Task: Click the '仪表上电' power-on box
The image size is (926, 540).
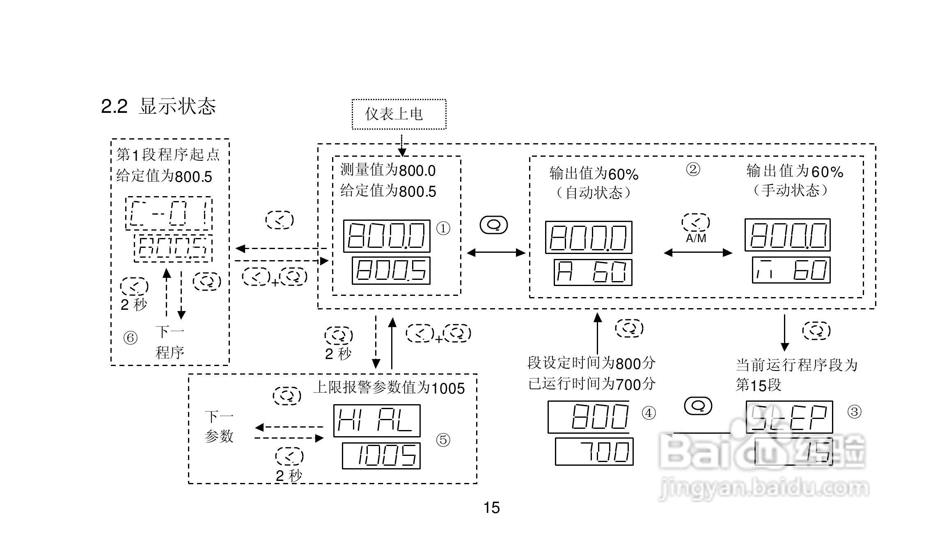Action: pyautogui.click(x=399, y=114)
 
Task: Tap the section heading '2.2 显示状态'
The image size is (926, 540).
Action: pyautogui.click(x=158, y=106)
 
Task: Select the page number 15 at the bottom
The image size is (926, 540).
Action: pyautogui.click(x=491, y=508)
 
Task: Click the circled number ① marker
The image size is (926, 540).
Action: pyautogui.click(x=443, y=229)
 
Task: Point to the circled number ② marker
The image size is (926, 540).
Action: pyautogui.click(x=693, y=169)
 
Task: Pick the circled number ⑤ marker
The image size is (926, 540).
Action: pyautogui.click(x=443, y=440)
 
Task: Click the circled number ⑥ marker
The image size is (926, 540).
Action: pyautogui.click(x=131, y=338)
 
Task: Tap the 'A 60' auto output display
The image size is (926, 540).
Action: pyautogui.click(x=592, y=272)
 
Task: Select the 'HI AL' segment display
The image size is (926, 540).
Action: pyautogui.click(x=376, y=421)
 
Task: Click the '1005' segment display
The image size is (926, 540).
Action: pyautogui.click(x=381, y=455)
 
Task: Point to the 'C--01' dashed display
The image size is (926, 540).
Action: pyautogui.click(x=169, y=213)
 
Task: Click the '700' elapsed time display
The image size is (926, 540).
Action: pyautogui.click(x=594, y=451)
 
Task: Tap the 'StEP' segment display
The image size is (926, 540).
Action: pyautogui.click(x=789, y=417)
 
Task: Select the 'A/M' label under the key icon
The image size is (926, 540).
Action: pyautogui.click(x=696, y=238)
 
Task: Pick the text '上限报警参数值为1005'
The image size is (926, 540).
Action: pyautogui.click(x=389, y=388)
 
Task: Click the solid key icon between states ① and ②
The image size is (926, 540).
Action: pyautogui.click(x=494, y=225)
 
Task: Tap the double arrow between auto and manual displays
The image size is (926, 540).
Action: pyautogui.click(x=698, y=253)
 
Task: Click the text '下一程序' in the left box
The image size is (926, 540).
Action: pyautogui.click(x=170, y=342)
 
